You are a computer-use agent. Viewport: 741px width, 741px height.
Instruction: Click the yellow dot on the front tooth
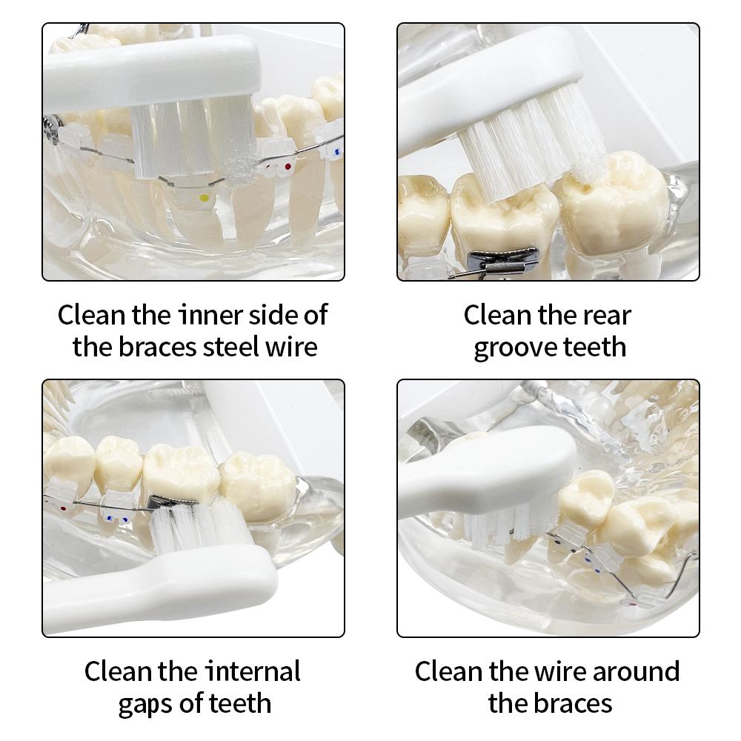[x=205, y=198]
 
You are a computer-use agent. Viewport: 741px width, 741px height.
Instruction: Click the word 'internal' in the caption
[x=253, y=671]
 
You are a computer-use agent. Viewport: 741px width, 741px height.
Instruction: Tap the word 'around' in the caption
[x=636, y=671]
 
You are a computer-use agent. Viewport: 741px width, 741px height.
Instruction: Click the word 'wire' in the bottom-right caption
[x=561, y=671]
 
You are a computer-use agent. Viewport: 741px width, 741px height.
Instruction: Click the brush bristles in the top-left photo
[x=193, y=142]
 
